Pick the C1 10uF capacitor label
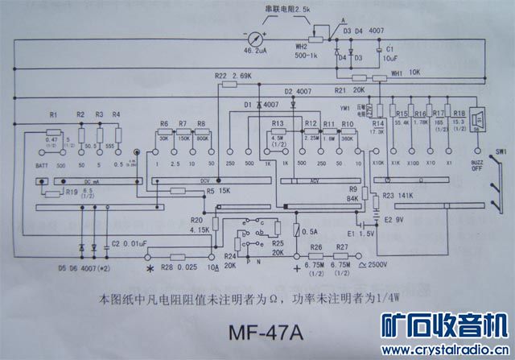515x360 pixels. point(389,53)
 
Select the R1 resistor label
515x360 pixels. point(53,115)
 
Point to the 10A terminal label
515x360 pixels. point(214,267)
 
